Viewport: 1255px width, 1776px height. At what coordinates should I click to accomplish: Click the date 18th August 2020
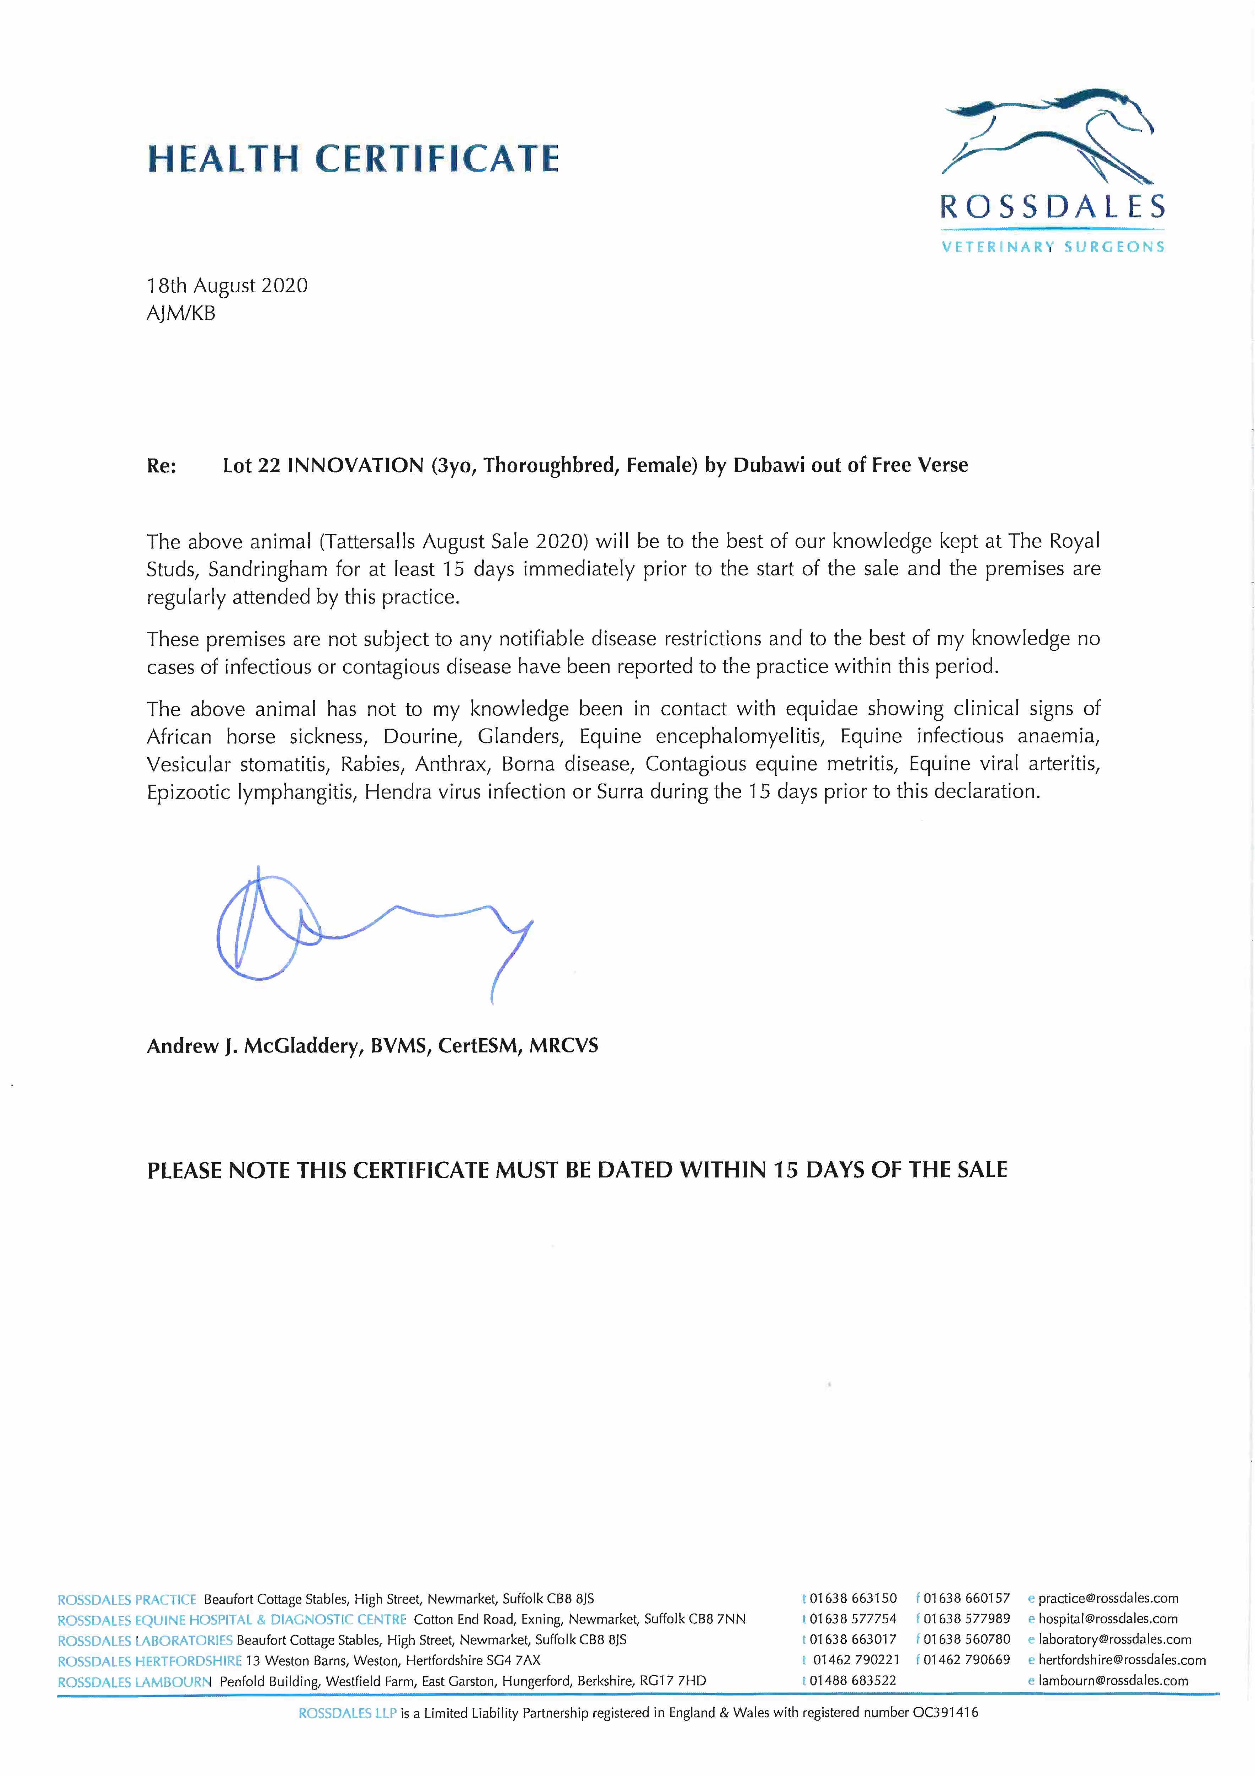point(227,286)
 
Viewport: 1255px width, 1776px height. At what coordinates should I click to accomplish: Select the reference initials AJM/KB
point(181,313)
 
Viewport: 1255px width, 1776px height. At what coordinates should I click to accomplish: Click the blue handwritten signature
point(364,928)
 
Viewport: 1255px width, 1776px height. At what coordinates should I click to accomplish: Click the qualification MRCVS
point(564,1046)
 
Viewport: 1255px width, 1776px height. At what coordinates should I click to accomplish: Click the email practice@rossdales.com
point(1108,1598)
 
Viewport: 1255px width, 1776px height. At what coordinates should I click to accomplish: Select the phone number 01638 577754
point(853,1619)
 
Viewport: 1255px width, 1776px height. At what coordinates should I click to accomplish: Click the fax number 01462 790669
point(967,1660)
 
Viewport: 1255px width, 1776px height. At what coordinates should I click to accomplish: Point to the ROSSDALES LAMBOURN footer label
point(135,1681)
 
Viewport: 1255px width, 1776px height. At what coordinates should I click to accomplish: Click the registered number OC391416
point(945,1712)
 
